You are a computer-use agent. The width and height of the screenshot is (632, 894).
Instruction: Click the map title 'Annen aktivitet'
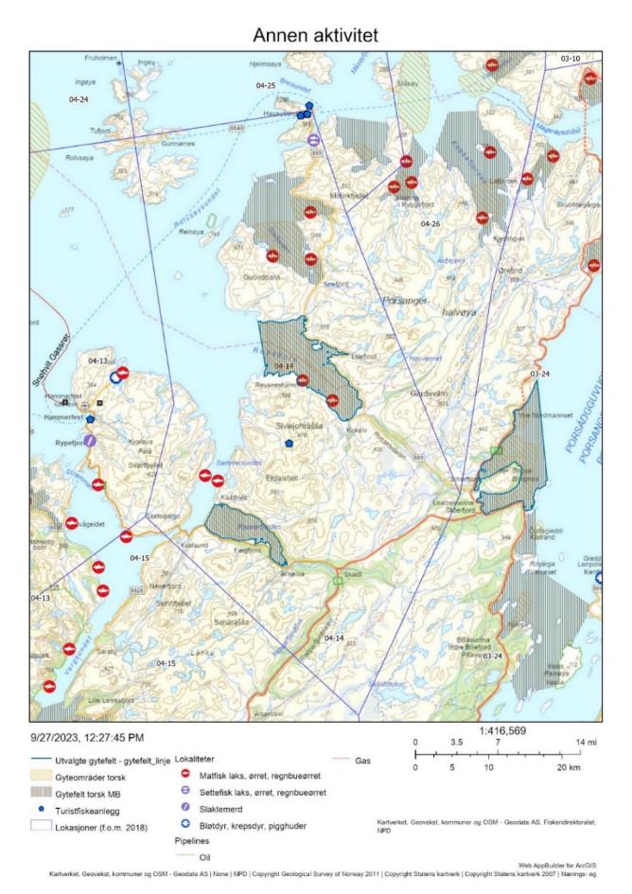(315, 34)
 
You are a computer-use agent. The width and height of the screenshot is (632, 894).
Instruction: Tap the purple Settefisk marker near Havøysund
(313, 140)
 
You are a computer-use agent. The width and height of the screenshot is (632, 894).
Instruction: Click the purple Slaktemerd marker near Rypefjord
(89, 440)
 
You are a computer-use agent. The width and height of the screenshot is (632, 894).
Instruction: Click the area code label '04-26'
(430, 223)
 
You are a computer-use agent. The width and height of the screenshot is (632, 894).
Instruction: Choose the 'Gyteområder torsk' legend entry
(104, 776)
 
